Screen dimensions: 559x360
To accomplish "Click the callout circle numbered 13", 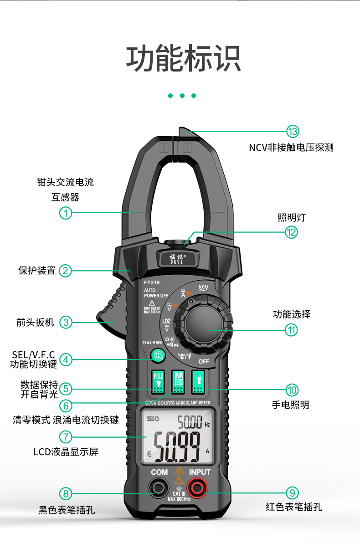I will point(293,132).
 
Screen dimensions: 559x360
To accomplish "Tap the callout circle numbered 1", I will point(66,212).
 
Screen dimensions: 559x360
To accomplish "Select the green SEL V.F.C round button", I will point(159,355).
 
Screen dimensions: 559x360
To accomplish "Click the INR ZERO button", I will point(179,382).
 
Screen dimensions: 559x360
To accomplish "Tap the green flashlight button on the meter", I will point(198,382).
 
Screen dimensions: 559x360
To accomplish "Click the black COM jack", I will point(159,489).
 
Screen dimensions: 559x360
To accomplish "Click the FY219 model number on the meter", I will point(152,282).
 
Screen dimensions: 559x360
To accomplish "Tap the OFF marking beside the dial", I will point(204,361).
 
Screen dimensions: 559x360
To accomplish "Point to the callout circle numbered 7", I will point(66,437).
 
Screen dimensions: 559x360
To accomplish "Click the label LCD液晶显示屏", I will point(66,452).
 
